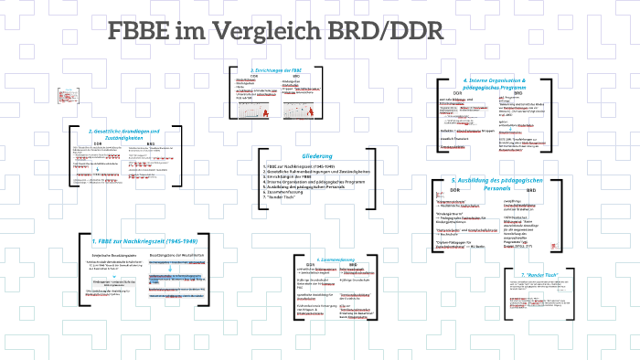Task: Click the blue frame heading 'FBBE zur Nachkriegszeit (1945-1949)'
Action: [x=144, y=241]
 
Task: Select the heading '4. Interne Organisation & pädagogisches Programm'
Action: [x=506, y=84]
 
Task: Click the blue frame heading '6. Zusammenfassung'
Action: [x=329, y=259]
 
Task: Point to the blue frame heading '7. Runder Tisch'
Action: [x=538, y=275]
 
